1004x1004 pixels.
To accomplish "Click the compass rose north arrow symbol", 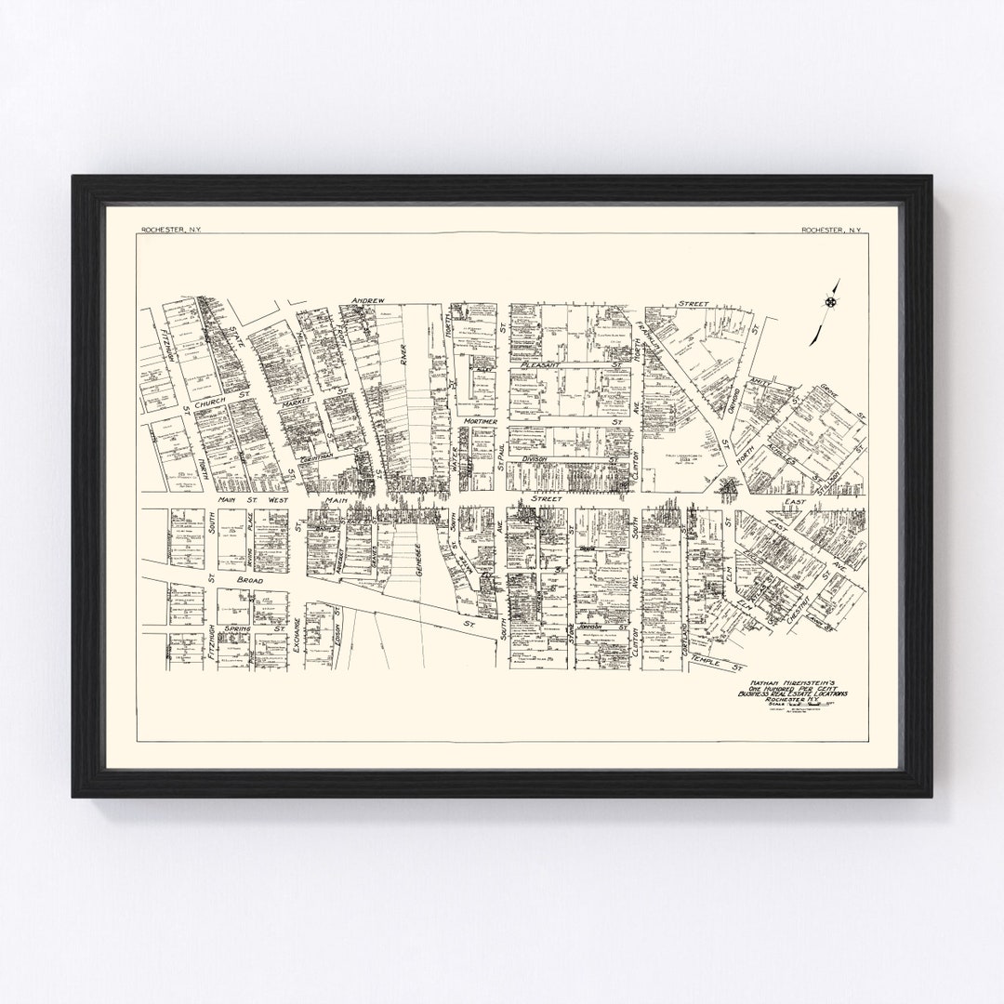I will tap(828, 302).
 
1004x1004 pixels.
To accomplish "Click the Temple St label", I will tap(731, 666).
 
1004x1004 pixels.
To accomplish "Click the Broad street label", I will tap(250, 580).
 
